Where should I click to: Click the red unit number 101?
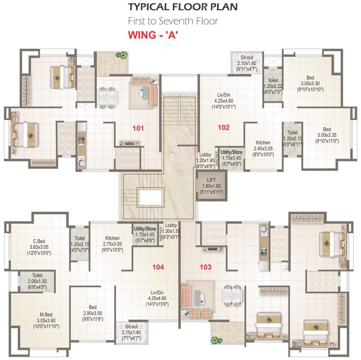[138, 128]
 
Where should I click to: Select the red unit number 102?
[224, 127]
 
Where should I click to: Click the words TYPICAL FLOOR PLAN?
[183, 7]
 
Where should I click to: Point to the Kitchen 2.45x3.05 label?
[263, 148]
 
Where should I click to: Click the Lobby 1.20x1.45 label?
[205, 160]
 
